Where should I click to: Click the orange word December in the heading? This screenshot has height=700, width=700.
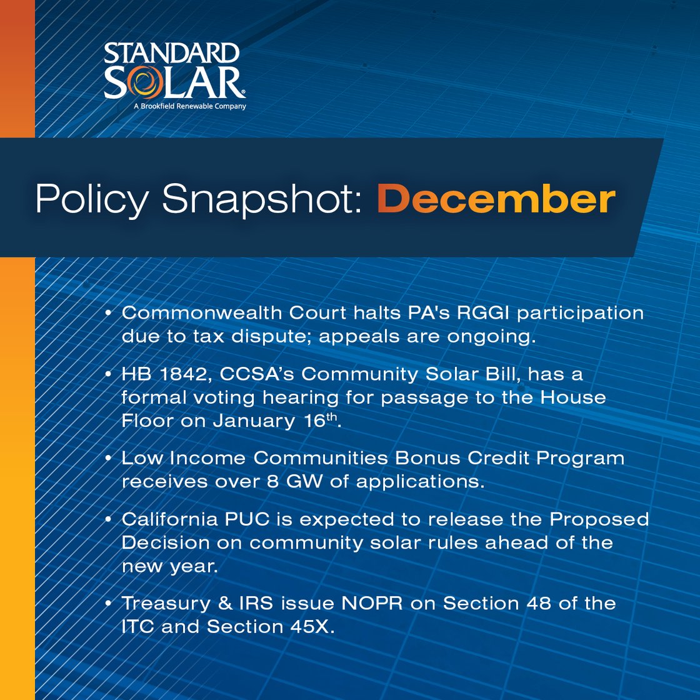coord(496,199)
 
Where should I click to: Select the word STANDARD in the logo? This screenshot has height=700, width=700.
coord(172,54)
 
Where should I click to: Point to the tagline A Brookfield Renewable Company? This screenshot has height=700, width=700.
coord(190,106)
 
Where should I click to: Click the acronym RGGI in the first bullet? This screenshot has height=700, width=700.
coord(483,313)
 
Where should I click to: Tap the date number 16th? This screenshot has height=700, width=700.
coord(320,421)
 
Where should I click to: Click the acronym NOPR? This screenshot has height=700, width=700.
coord(372,603)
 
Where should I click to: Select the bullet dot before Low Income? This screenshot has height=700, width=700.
coord(108,458)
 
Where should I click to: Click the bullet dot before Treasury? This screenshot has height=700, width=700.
coord(108,604)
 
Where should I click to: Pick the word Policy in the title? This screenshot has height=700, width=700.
coord(92,199)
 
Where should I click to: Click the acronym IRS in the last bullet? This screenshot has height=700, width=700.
coord(256,603)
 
